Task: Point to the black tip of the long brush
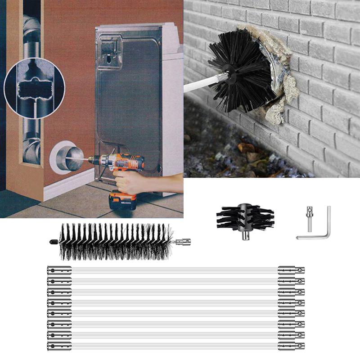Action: click(53, 242)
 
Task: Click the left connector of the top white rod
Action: click(59, 270)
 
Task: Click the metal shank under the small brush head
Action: click(245, 234)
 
